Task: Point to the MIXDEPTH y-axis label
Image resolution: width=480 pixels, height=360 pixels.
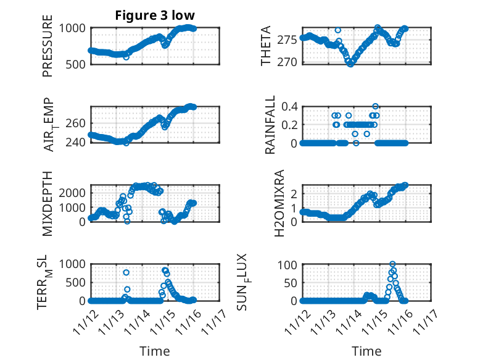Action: tap(48, 203)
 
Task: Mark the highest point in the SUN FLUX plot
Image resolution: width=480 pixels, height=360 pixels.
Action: tap(392, 264)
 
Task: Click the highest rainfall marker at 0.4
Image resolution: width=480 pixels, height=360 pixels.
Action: tap(375, 106)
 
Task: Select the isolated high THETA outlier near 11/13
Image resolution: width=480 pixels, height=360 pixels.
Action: tap(337, 30)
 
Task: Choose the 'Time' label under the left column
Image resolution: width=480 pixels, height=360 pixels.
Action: tap(154, 351)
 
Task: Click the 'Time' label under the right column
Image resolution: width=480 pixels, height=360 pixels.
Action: tap(366, 351)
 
